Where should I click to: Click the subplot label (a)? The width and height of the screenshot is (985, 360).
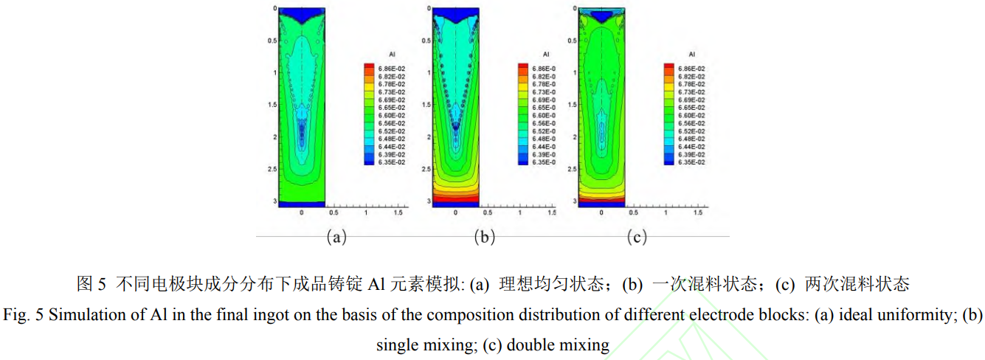pos(336,237)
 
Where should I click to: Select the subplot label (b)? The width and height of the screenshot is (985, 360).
pos(485,237)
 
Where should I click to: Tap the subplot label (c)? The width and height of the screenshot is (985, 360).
pos(636,237)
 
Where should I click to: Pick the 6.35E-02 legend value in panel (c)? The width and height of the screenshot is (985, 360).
pos(692,162)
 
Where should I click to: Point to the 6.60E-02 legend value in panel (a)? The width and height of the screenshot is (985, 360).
pos(392,115)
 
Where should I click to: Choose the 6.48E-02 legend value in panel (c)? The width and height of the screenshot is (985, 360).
pos(692,138)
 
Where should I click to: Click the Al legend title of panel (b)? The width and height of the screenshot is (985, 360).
pos(545,55)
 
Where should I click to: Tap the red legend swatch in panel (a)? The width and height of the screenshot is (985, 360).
pos(369,68)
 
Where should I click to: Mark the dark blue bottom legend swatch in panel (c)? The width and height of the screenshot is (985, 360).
pos(668,162)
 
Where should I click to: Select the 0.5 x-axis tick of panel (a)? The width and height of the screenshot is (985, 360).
pos(334,212)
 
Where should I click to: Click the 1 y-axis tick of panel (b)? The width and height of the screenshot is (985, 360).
pos(429,72)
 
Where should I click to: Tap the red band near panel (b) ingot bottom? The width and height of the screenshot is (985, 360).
pos(455,198)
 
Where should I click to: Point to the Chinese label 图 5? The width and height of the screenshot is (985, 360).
pos(92,283)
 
